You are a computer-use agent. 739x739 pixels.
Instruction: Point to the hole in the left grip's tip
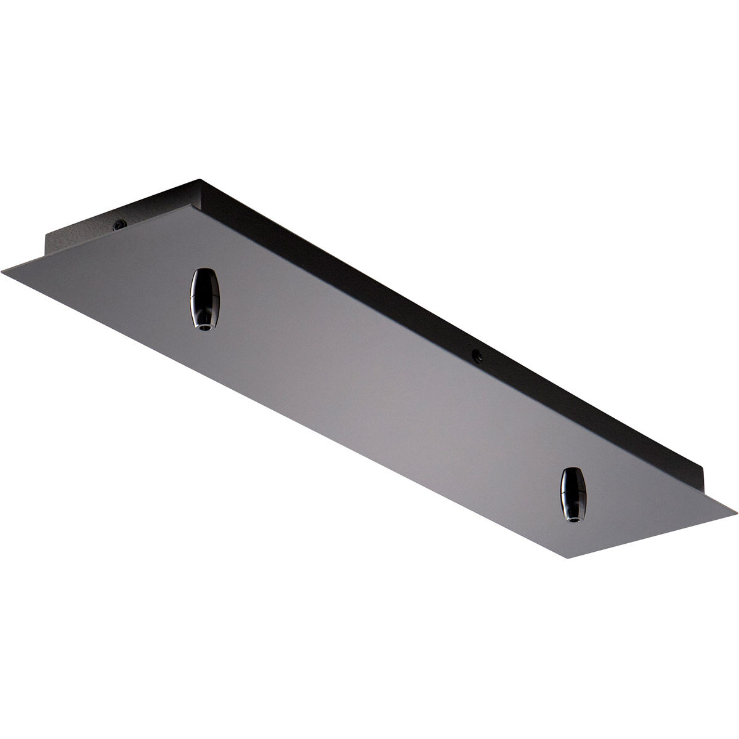tap(202, 328)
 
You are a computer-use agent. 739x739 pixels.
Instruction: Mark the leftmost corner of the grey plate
tap(2, 269)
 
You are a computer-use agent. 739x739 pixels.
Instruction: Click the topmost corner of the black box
tap(198, 179)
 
